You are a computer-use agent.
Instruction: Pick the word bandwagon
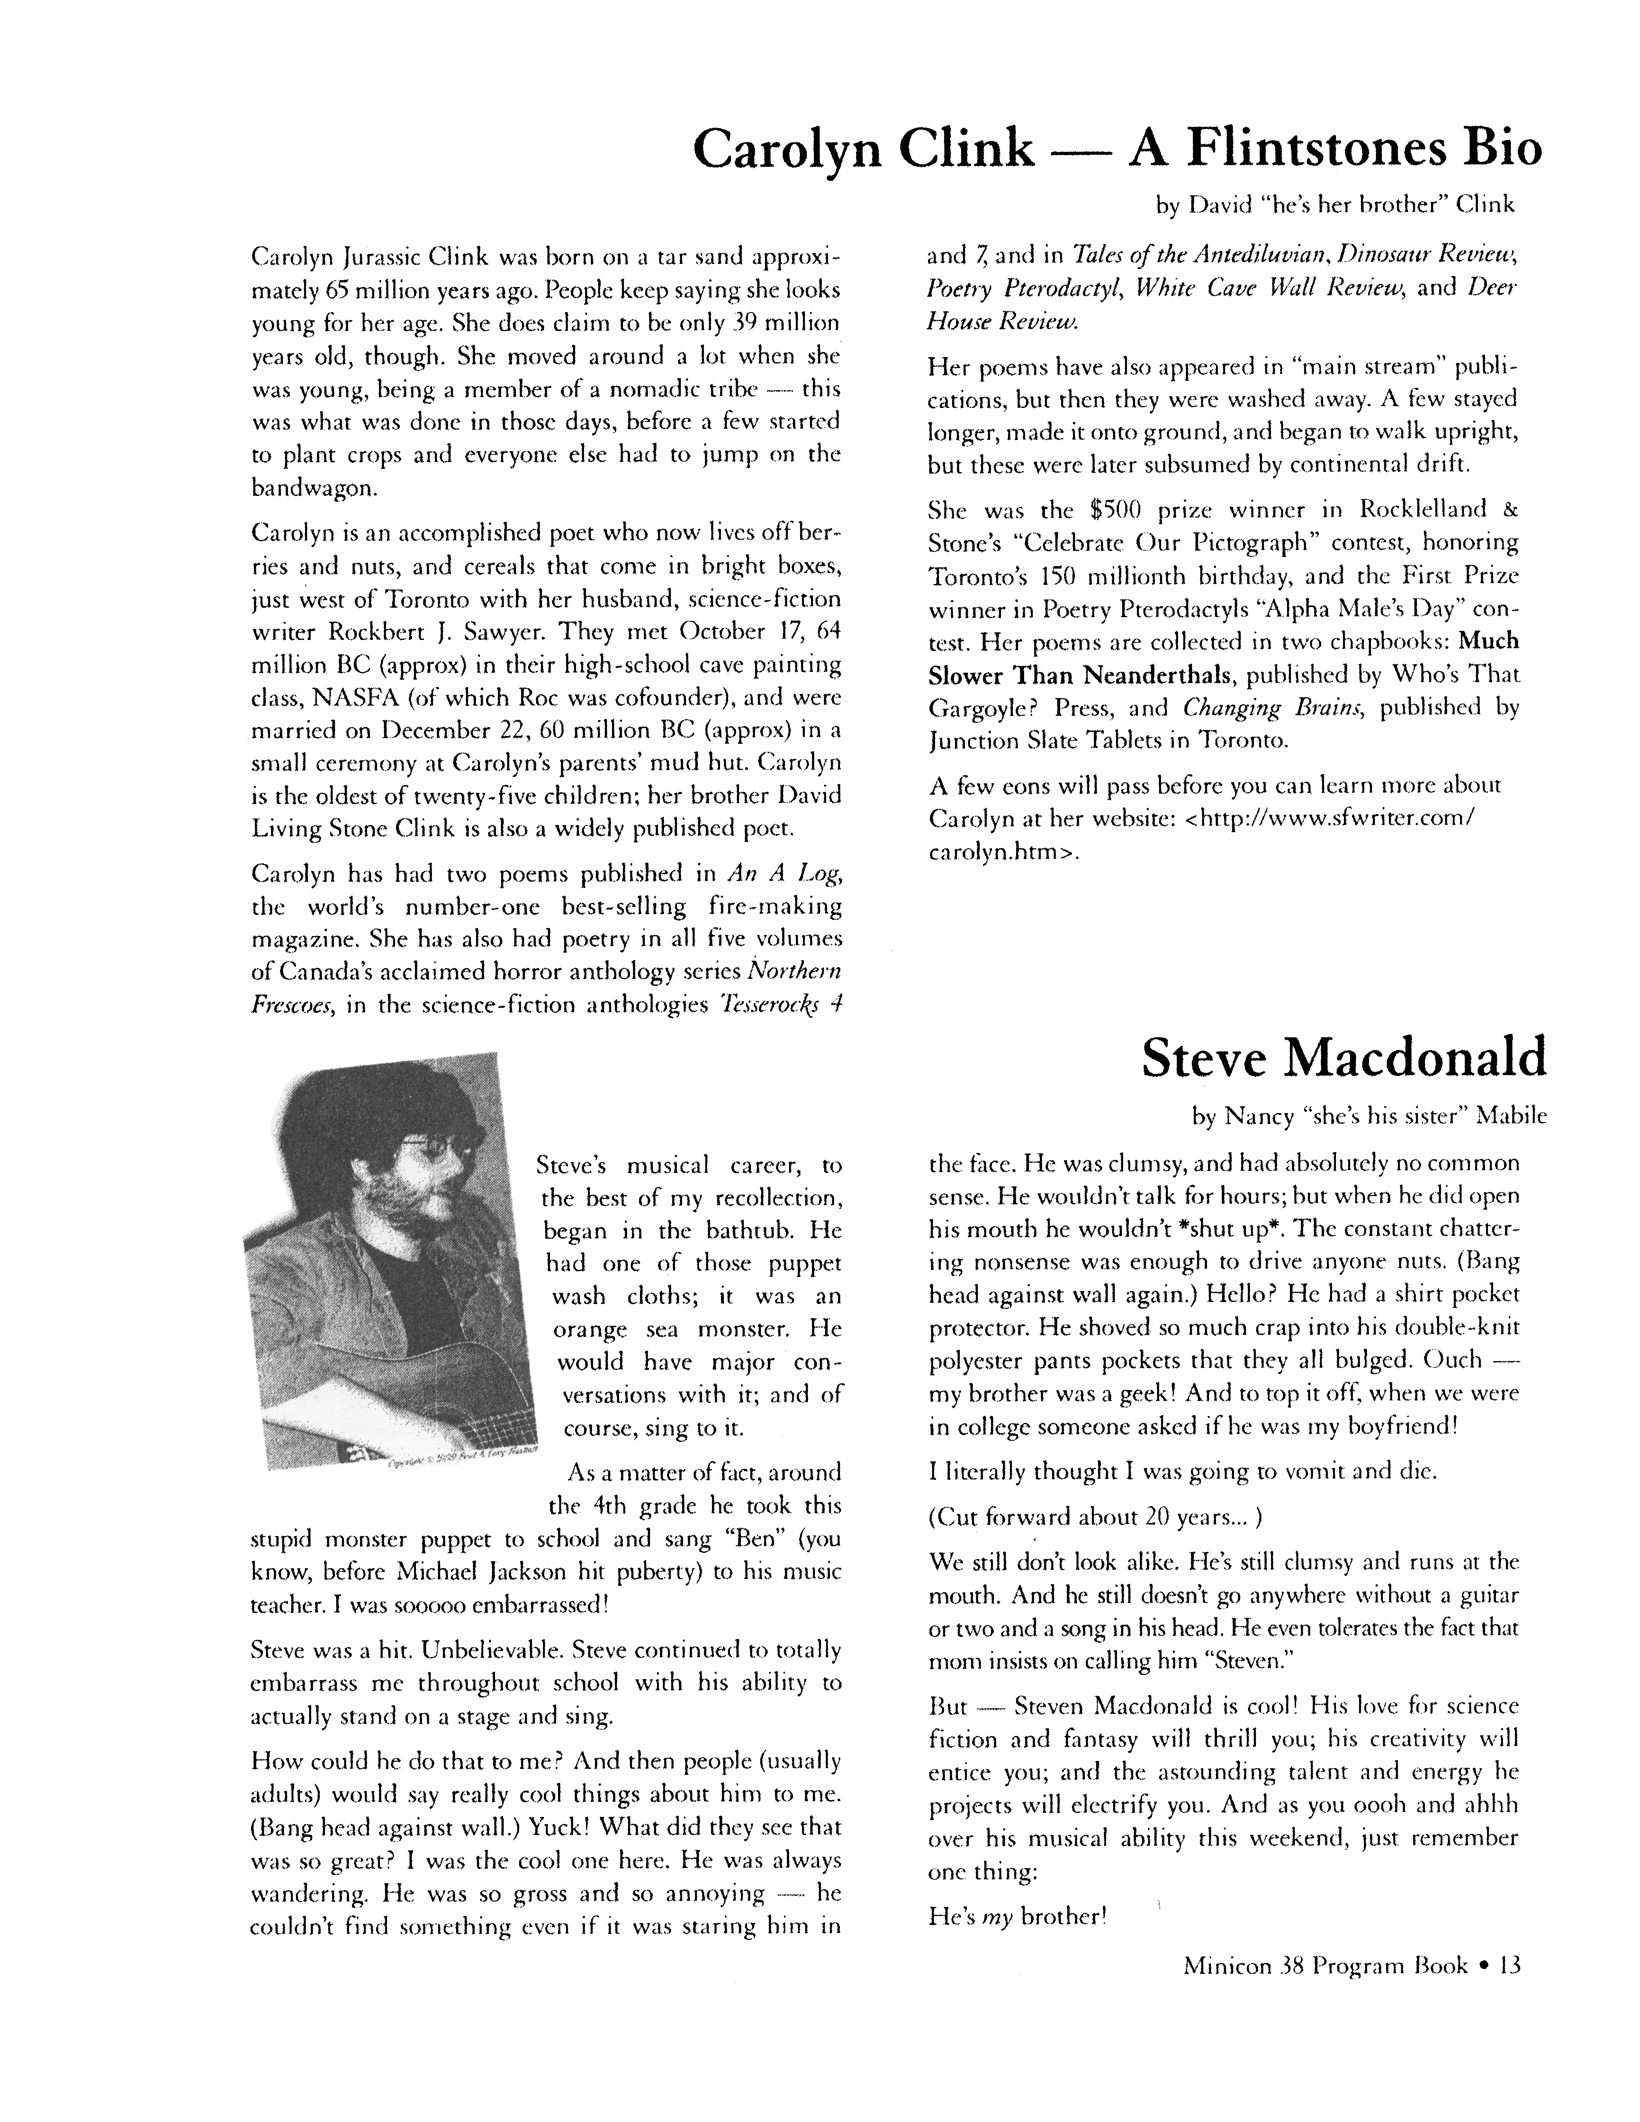tap(307, 488)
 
